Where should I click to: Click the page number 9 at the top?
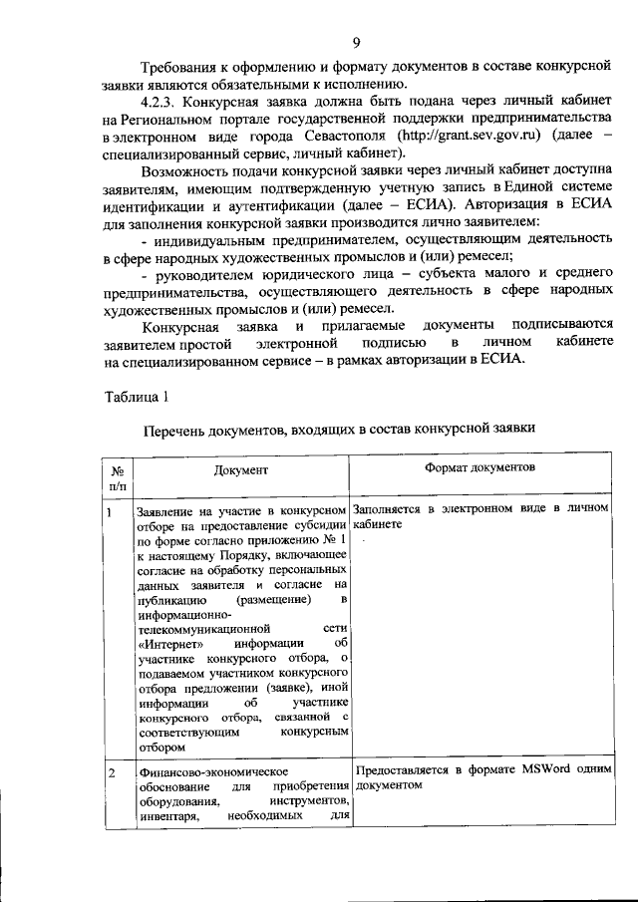pyautogui.click(x=355, y=41)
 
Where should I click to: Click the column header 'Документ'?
pyautogui.click(x=240, y=468)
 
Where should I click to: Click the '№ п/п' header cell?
pyautogui.click(x=117, y=477)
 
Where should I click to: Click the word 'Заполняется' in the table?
pyautogui.click(x=389, y=509)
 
